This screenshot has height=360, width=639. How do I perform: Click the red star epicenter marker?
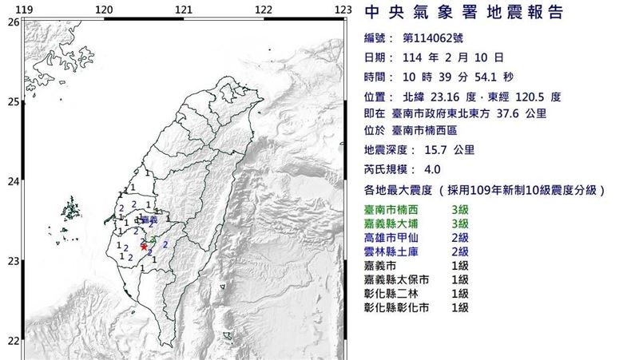[x=143, y=246]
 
